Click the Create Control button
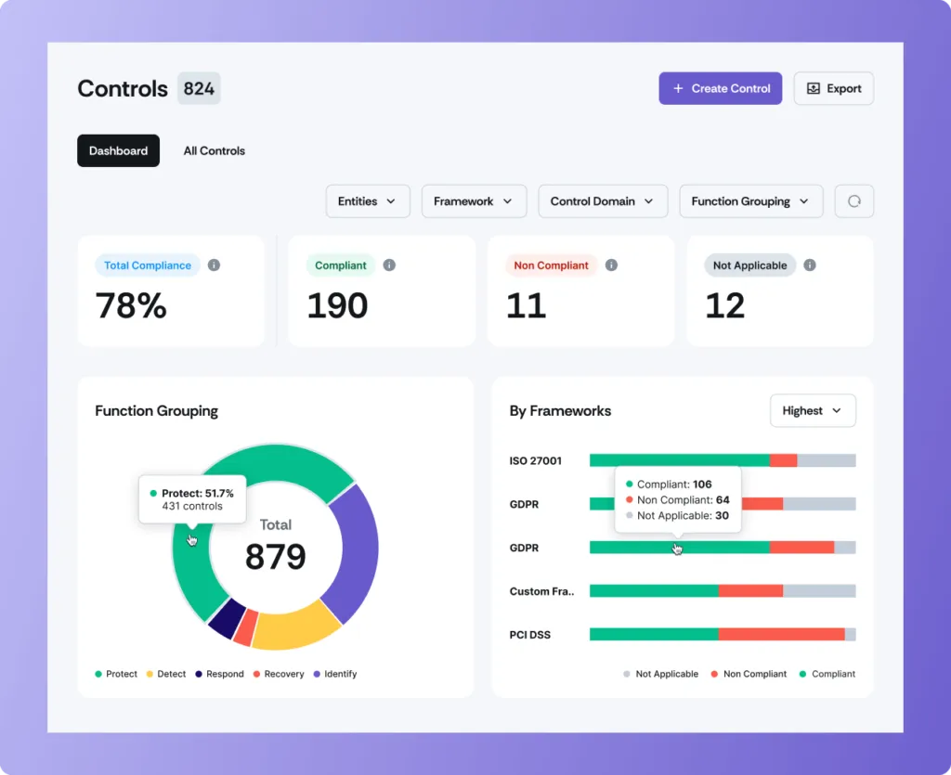(721, 88)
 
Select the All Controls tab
(214, 150)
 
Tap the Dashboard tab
(118, 150)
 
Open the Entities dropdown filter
(367, 201)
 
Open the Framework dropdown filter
(474, 201)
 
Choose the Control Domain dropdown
(602, 201)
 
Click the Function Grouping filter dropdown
(750, 201)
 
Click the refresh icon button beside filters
(854, 201)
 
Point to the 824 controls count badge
(199, 89)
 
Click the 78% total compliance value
(131, 305)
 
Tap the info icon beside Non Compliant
(611, 265)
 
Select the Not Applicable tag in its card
(749, 265)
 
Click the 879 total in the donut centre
(275, 556)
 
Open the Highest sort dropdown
(813, 410)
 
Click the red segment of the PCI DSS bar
(780, 634)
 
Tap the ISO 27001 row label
(536, 460)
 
